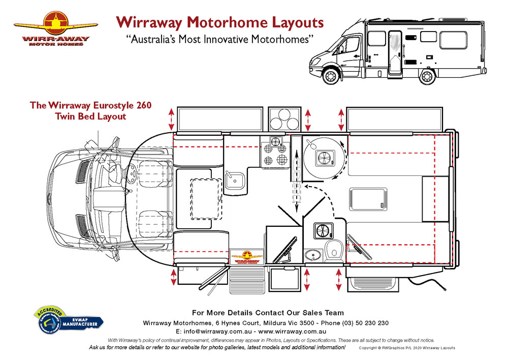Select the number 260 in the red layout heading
pyautogui.click(x=143, y=106)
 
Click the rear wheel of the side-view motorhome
pyautogui.click(x=427, y=76)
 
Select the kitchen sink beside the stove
pyautogui.click(x=235, y=179)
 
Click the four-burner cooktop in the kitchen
pyautogui.click(x=275, y=152)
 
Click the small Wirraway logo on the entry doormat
pyautogui.click(x=246, y=257)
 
